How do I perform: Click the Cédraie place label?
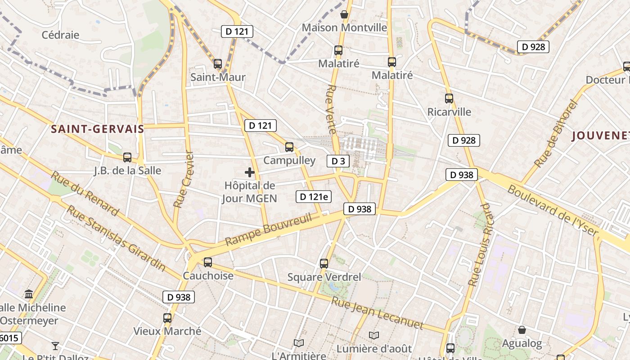pyautogui.click(x=60, y=35)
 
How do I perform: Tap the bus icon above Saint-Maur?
pyautogui.click(x=218, y=64)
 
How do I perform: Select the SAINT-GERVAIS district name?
pyautogui.click(x=97, y=129)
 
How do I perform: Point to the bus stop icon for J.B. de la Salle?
pyautogui.click(x=127, y=157)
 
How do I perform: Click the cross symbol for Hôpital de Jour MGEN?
pyautogui.click(x=250, y=172)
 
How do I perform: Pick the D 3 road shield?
pyautogui.click(x=337, y=161)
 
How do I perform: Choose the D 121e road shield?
pyautogui.click(x=314, y=196)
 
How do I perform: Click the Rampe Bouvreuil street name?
pyautogui.click(x=268, y=229)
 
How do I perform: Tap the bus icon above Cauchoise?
pyautogui.click(x=207, y=262)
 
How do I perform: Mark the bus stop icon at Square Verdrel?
pyautogui.click(x=324, y=264)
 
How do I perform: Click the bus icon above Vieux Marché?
pyautogui.click(x=167, y=319)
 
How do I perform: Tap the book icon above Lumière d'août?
pyautogui.click(x=373, y=335)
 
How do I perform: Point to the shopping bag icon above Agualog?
pyautogui.click(x=522, y=330)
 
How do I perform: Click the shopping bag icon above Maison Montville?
pyautogui.click(x=344, y=14)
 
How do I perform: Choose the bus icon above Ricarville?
pyautogui.click(x=449, y=99)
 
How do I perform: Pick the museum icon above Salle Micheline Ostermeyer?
pyautogui.click(x=29, y=294)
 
